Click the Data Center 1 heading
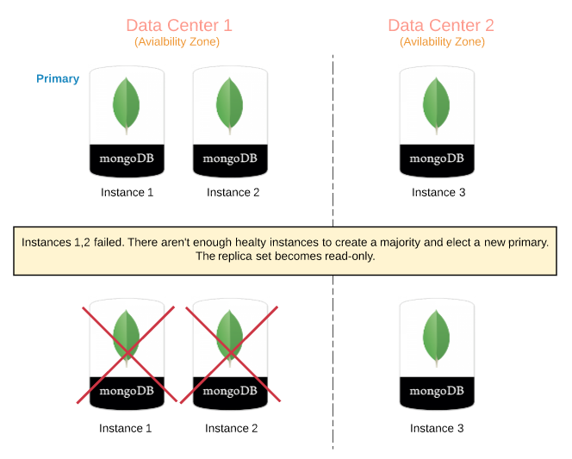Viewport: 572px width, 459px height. coord(179,25)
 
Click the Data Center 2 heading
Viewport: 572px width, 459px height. coord(441,25)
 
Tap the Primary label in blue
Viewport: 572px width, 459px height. coord(58,78)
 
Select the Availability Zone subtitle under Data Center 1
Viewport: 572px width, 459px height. coord(178,41)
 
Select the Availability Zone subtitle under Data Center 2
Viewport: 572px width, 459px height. coord(442,41)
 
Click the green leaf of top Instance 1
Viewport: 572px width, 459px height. coord(127,104)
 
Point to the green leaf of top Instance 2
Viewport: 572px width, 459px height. coord(229,104)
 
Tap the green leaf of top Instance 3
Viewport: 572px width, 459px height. coord(436,104)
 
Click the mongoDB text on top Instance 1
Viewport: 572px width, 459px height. coord(127,158)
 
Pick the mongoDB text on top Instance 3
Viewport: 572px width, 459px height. coord(437,158)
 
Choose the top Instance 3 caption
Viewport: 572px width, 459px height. coord(438,192)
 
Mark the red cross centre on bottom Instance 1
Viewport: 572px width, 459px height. coord(127,352)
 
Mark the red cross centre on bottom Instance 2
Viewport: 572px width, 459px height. coord(229,352)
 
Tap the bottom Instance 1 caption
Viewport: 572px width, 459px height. coord(126,428)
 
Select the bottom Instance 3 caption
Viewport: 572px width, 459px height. coord(437,428)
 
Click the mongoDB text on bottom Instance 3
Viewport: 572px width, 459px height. coord(437,391)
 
